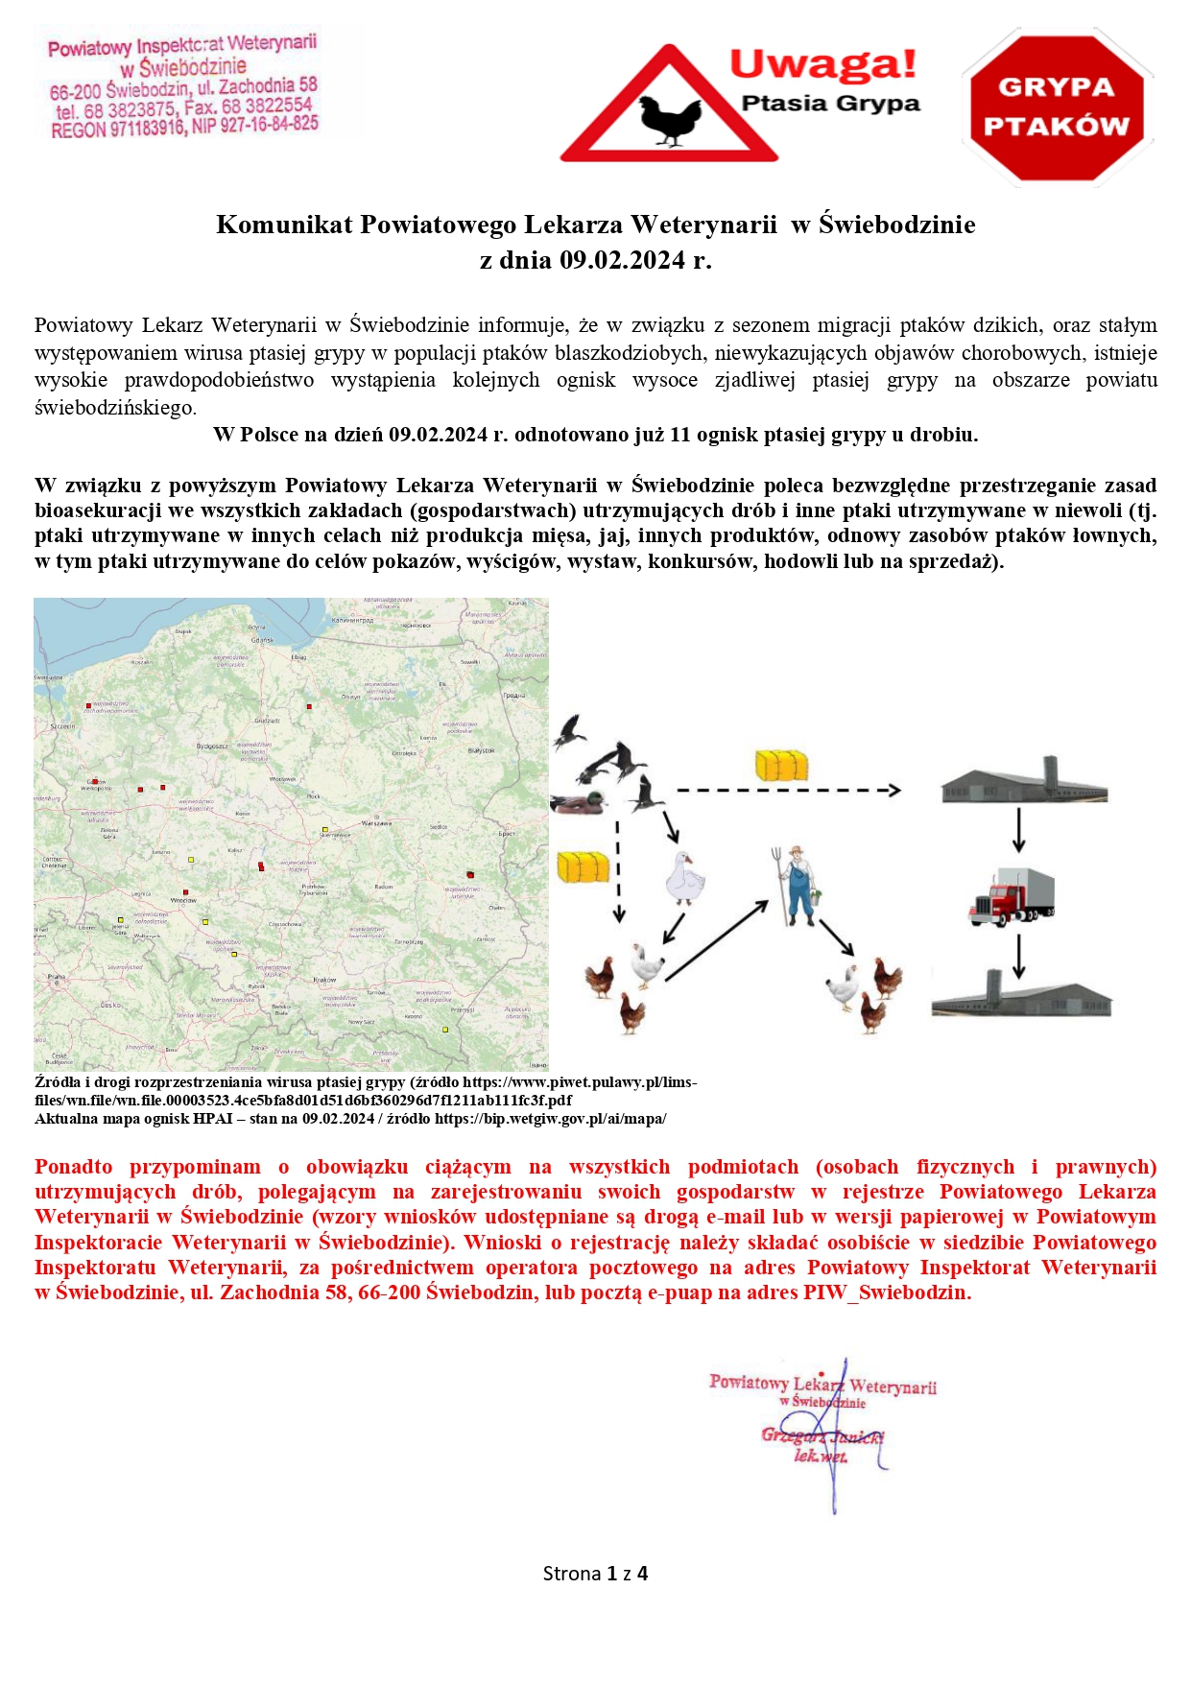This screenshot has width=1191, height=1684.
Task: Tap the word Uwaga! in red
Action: [822, 64]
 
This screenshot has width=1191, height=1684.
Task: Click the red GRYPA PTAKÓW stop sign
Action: [1057, 107]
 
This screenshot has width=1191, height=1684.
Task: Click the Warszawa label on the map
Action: [376, 823]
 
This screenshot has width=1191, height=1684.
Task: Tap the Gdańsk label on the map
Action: [262, 640]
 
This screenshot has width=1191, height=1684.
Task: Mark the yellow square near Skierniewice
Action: [325, 829]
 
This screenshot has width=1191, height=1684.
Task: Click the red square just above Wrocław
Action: [187, 889]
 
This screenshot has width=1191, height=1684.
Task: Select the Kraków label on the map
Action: [324, 980]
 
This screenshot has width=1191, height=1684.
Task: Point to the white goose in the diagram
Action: [684, 879]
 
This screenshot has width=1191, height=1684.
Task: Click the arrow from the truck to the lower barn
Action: [1019, 956]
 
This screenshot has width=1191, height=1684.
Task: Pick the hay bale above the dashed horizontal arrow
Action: [781, 765]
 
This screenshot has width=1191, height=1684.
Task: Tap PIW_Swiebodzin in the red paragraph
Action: [887, 1293]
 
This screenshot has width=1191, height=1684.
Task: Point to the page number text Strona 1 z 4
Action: [595, 1574]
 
